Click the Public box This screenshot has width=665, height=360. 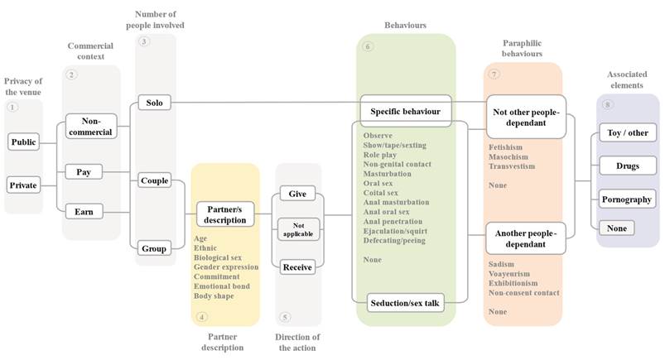pos(24,142)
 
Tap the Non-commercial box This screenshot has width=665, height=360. pos(91,125)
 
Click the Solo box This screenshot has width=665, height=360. pos(155,103)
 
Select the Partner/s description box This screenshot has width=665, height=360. pos(224,214)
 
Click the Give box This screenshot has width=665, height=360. pos(297,193)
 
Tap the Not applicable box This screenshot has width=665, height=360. pos(297,229)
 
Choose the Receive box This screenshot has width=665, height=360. pos(297,266)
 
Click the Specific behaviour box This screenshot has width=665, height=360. pos(406,110)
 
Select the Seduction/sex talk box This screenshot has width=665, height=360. pos(406,303)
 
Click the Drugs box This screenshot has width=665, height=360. pos(627,166)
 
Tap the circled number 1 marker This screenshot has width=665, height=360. pos(12,108)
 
